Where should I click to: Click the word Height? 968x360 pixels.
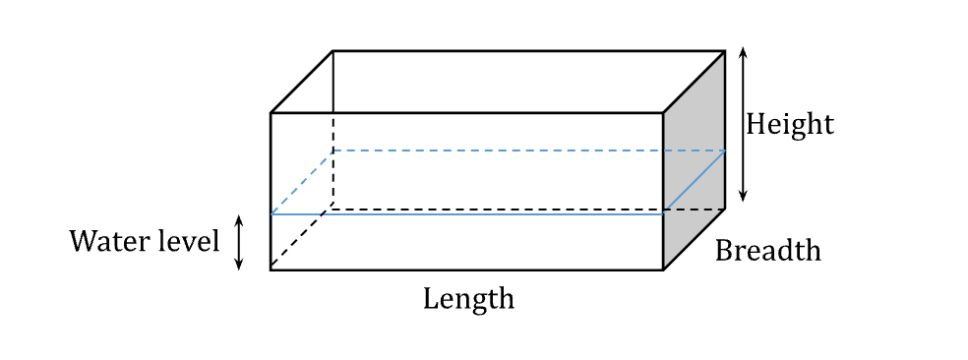coord(789,125)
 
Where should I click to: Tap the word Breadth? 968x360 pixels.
coord(767,251)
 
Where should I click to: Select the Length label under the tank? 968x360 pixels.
coord(468,298)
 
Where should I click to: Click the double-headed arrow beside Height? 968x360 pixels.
coord(743,124)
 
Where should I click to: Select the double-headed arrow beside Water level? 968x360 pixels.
coord(238,243)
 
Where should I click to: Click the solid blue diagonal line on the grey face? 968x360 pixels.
coord(695,181)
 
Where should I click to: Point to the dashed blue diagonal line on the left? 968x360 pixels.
coord(302,182)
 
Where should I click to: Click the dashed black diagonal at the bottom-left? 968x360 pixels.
coord(302,239)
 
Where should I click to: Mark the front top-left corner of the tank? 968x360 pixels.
coord(271,113)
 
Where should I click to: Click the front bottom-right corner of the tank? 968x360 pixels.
coord(662,269)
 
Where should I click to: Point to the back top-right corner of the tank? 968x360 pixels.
coord(725,51)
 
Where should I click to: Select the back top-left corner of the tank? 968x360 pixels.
coord(333,51)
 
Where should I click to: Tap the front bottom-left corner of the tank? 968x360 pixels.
coord(271,269)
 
